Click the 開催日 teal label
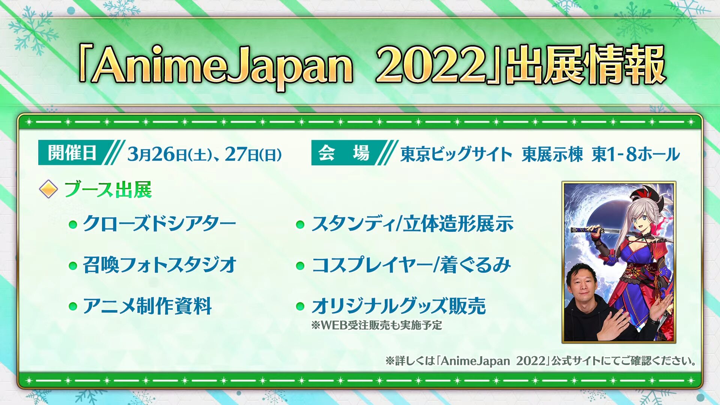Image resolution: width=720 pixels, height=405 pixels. (x=72, y=153)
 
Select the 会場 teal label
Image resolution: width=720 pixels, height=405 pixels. (x=344, y=153)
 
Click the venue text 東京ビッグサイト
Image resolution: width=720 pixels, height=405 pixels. (x=456, y=154)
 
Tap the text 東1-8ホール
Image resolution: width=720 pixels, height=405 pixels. (x=636, y=154)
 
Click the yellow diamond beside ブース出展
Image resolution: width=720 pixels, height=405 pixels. (x=48, y=189)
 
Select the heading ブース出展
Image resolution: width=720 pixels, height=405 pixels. (x=108, y=189)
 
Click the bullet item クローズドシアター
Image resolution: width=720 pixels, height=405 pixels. (x=159, y=224)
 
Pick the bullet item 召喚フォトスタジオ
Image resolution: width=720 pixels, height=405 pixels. (x=159, y=265)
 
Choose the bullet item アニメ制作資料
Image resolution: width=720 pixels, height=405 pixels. (x=147, y=306)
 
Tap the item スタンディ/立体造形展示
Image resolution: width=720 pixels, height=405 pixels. (x=412, y=224)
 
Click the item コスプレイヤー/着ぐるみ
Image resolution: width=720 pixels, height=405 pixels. (x=411, y=265)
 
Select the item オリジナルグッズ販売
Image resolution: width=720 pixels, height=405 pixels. (x=399, y=306)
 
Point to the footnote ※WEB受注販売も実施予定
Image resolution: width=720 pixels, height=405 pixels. (x=376, y=325)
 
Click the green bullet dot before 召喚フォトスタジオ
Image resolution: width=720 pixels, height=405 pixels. (x=73, y=266)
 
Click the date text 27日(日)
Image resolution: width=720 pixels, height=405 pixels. (x=253, y=154)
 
